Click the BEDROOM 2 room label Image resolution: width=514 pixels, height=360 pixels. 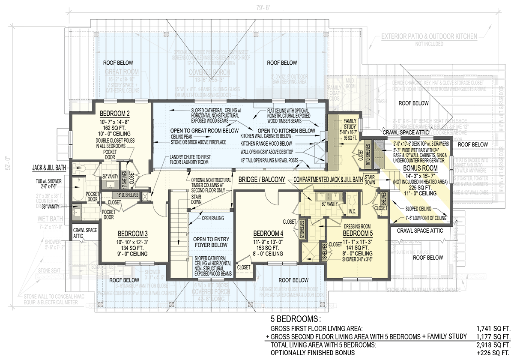pyautogui.click(x=115, y=114)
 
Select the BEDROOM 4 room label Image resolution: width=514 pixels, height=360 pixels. pyautogui.click(x=268, y=234)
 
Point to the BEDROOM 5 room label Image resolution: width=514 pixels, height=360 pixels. pyautogui.click(x=358, y=234)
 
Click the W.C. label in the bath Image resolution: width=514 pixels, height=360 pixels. pyautogui.click(x=353, y=210)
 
